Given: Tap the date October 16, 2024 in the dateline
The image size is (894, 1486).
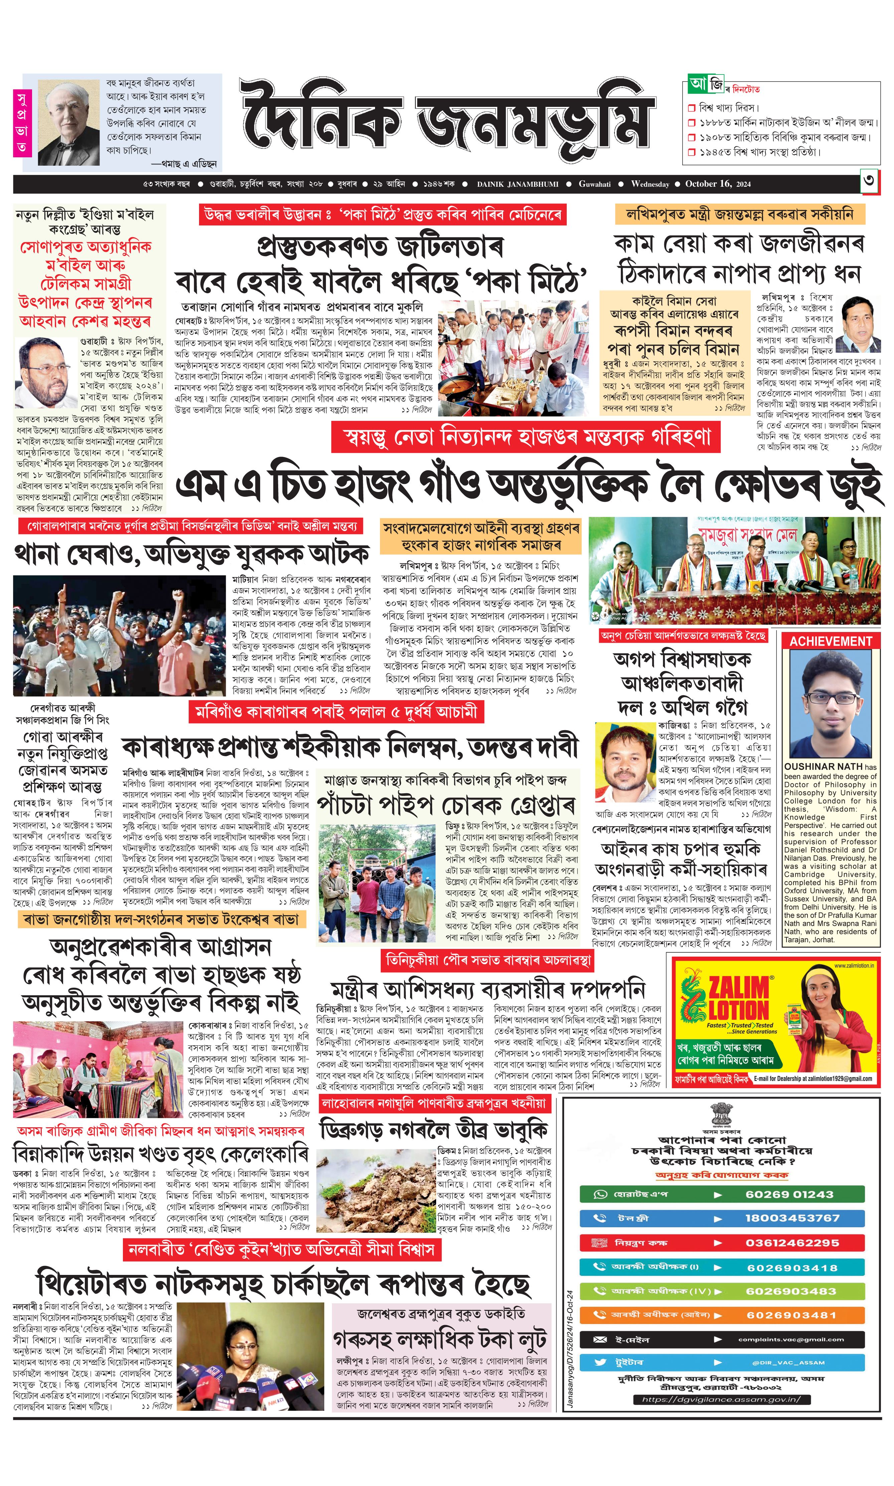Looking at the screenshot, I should point(717,184).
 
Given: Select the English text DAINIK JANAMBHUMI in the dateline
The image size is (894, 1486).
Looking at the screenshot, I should point(518,184).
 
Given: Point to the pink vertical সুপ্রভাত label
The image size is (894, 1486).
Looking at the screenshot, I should point(22,122).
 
